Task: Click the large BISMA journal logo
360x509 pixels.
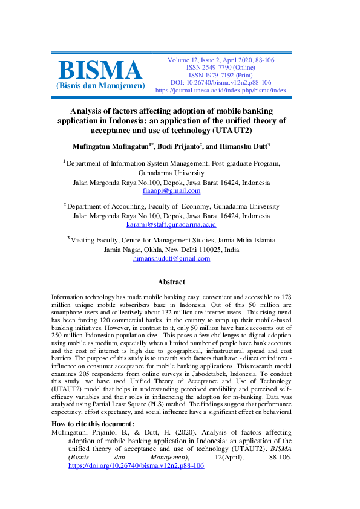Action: tap(100, 70)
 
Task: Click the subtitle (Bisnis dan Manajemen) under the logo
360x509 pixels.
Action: tap(100, 86)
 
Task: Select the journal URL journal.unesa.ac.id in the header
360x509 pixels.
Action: tap(220, 90)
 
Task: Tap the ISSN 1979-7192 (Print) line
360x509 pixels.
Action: tap(220, 74)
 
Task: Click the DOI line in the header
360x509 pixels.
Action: tap(220, 82)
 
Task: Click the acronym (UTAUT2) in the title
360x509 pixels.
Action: tap(231, 130)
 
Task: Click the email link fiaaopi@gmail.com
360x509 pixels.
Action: tap(171, 190)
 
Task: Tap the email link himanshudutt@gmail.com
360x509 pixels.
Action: tap(171, 258)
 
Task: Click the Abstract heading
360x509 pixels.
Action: tap(171, 282)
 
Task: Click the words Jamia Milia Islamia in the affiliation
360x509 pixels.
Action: tap(241, 240)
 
